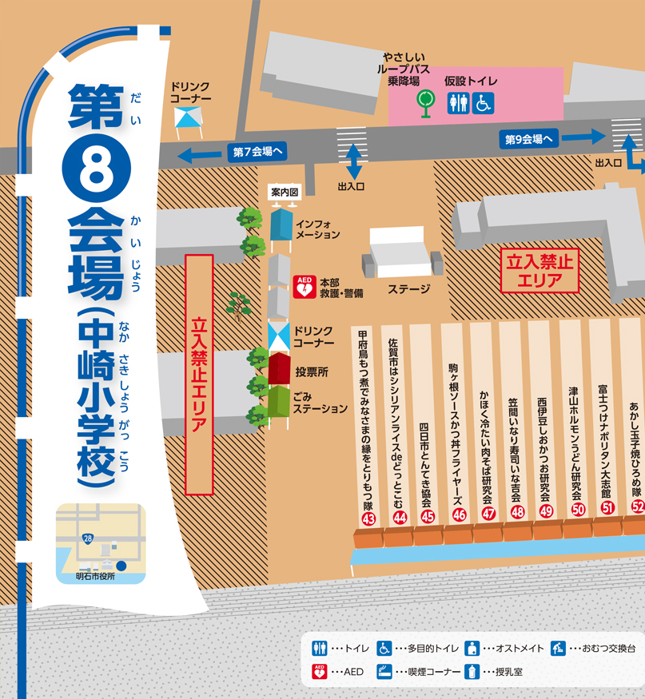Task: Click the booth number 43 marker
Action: [368, 519]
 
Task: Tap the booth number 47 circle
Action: [488, 514]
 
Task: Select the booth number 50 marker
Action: [578, 509]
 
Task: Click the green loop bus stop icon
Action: [426, 101]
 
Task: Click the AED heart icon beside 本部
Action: [304, 287]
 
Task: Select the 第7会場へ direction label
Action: [257, 151]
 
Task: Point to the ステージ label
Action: [408, 289]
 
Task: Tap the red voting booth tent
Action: [278, 369]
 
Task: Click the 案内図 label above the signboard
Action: [285, 193]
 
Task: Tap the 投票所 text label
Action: [312, 372]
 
